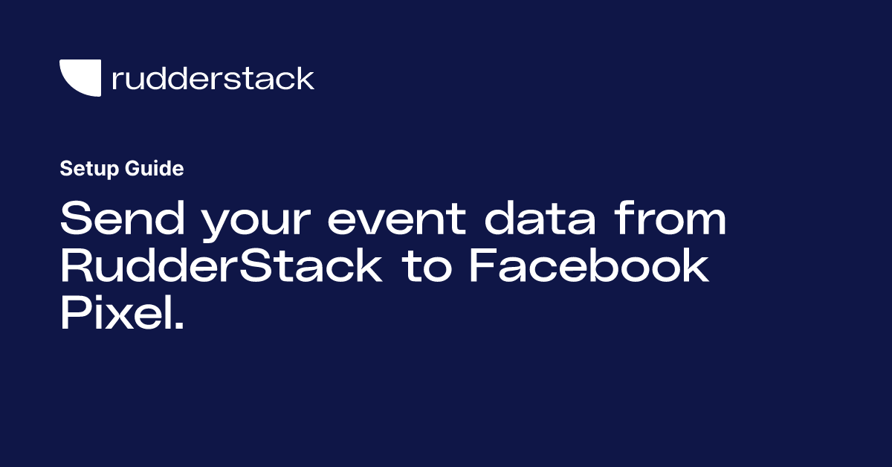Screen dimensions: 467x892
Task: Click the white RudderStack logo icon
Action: point(80,78)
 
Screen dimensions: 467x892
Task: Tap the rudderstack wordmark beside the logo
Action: point(213,78)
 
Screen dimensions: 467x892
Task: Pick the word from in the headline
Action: point(668,221)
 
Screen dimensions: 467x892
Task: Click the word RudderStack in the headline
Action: point(221,267)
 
